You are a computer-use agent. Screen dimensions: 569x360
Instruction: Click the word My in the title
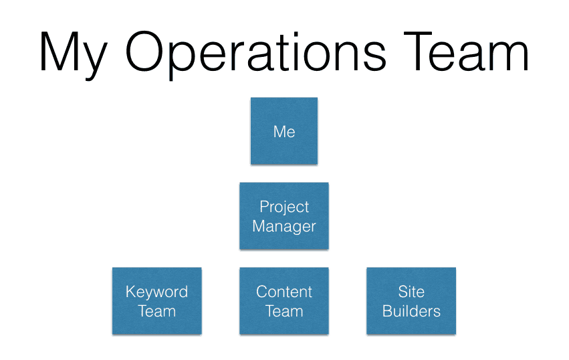click(74, 54)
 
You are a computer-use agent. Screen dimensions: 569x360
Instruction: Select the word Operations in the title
click(256, 54)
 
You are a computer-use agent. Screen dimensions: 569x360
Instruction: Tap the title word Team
click(466, 52)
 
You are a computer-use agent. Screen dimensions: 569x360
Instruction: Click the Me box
click(284, 130)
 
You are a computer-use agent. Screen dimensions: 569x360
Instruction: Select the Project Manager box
click(284, 215)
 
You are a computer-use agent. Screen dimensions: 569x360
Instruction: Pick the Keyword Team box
click(156, 301)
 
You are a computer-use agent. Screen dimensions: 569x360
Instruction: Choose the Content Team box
click(284, 301)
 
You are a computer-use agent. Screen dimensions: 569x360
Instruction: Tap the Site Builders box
click(411, 301)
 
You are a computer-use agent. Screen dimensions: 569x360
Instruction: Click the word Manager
click(284, 227)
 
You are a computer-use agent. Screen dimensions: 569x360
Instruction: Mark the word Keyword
click(156, 292)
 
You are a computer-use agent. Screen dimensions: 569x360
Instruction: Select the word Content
click(284, 292)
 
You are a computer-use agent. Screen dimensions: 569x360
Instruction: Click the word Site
click(411, 292)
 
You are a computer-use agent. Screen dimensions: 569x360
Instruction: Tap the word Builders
click(411, 311)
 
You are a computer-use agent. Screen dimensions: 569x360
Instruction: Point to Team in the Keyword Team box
click(156, 311)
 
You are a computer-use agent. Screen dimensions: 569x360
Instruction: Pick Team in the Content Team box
click(284, 311)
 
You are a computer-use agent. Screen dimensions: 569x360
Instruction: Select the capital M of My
click(59, 52)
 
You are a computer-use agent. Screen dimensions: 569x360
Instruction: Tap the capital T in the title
click(418, 52)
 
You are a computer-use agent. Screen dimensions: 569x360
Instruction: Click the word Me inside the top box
click(284, 132)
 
